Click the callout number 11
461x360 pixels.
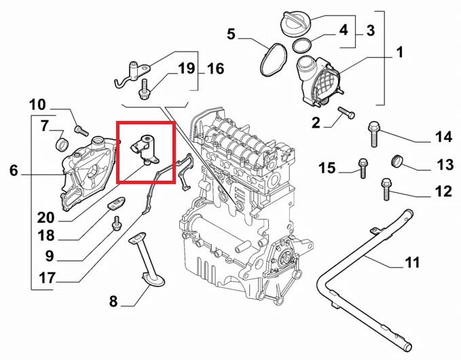pos(411,262)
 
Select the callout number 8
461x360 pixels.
pos(113,300)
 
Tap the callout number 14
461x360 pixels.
pos(443,137)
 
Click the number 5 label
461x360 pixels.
pos(232,33)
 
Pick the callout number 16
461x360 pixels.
pos(215,69)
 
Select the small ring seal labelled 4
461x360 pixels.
pos(303,46)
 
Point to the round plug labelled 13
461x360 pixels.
pos(397,160)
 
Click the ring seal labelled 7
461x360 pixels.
pos(61,144)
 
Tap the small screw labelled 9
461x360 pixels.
pos(116,221)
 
